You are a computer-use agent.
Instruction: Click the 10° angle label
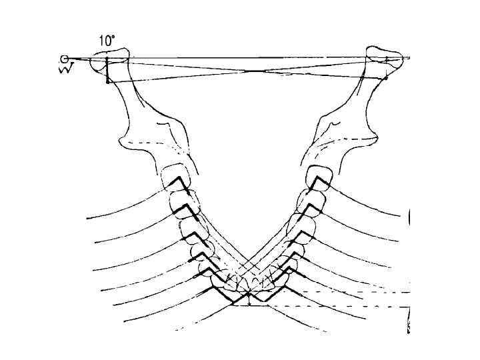[x=107, y=41]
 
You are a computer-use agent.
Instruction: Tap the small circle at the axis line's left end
[x=64, y=59]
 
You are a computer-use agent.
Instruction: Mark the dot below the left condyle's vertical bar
[x=107, y=82]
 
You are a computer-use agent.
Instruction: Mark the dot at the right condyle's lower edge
[x=385, y=78]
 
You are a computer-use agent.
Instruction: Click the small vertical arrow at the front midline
[x=248, y=299]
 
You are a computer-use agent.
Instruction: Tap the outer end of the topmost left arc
[x=87, y=217]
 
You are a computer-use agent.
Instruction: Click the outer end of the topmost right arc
[x=408, y=215]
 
